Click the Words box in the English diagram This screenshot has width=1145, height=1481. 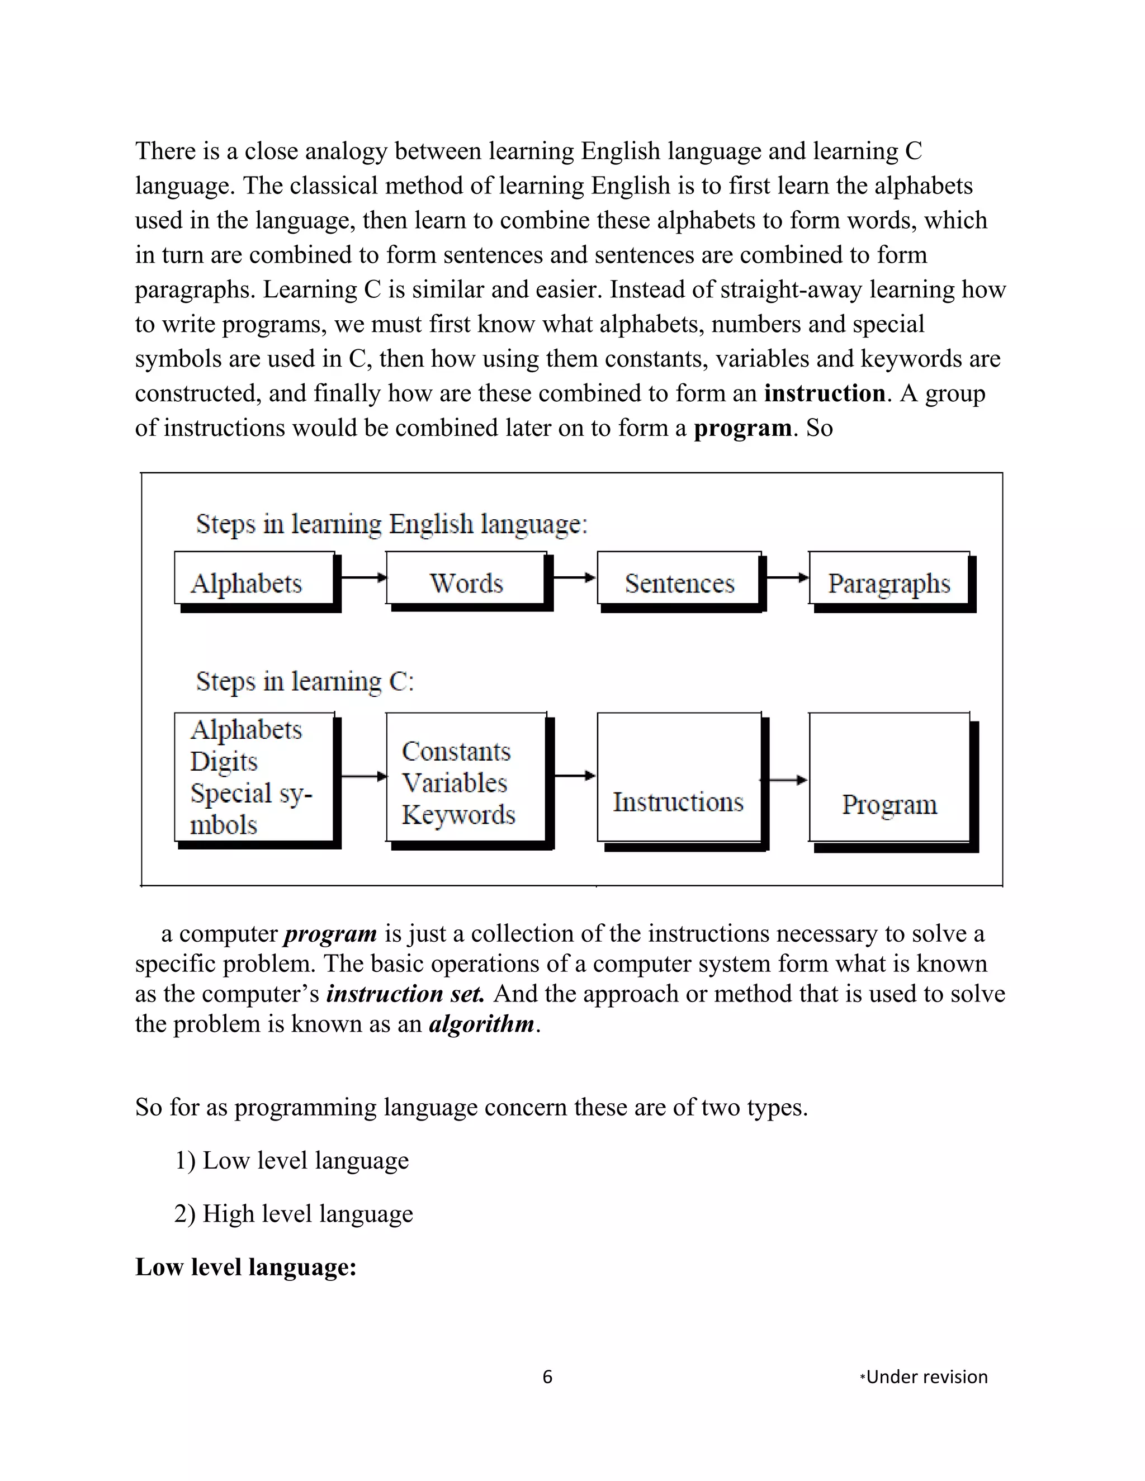click(x=467, y=578)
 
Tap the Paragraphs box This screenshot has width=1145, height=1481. click(x=889, y=578)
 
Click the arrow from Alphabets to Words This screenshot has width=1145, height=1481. click(x=363, y=578)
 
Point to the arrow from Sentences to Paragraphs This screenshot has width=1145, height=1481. click(x=787, y=578)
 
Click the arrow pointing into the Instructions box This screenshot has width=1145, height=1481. click(x=575, y=776)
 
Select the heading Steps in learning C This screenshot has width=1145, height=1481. click(x=305, y=681)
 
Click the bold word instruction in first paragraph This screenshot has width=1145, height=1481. click(x=824, y=393)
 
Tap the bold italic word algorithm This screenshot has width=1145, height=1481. click(x=481, y=1023)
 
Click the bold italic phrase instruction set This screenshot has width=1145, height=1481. click(x=405, y=994)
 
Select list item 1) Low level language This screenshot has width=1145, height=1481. click(x=292, y=1160)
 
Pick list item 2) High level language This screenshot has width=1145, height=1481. click(x=294, y=1213)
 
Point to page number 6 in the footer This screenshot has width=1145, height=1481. click(x=547, y=1376)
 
